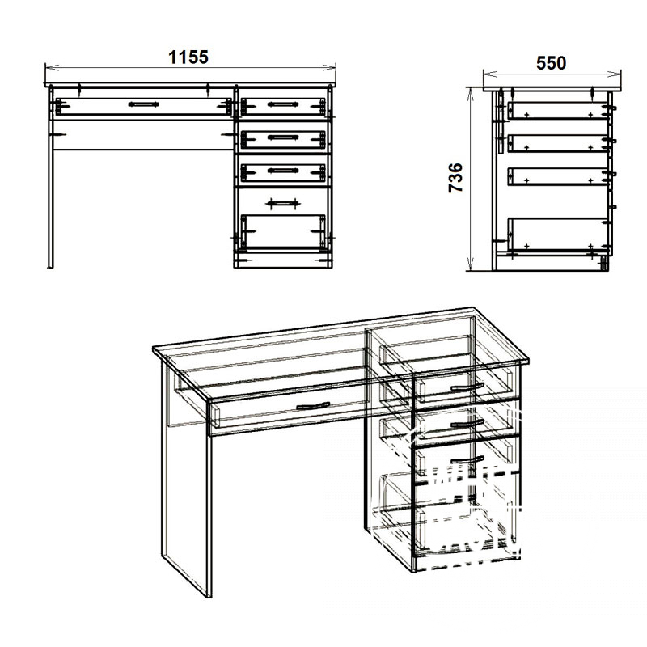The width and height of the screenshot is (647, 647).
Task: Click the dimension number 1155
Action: click(188, 57)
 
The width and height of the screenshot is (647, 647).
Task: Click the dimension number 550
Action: click(551, 63)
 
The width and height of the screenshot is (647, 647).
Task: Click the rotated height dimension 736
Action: click(456, 177)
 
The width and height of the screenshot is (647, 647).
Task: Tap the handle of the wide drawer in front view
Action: click(143, 104)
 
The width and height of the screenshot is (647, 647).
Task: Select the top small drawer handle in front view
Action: click(282, 104)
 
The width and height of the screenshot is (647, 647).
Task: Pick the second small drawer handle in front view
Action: click(282, 137)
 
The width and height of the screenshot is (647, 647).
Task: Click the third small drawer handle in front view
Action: click(282, 171)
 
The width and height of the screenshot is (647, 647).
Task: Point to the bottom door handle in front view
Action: click(282, 203)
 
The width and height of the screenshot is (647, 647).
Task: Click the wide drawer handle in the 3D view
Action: click(313, 406)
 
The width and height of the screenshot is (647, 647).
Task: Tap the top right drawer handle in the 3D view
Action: click(467, 387)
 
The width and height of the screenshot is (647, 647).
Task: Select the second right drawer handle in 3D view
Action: click(467, 423)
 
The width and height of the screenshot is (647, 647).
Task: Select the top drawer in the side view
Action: click(558, 111)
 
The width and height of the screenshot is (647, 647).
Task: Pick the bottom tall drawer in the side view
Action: click(558, 235)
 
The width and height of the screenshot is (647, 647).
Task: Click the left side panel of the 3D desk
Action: click(186, 479)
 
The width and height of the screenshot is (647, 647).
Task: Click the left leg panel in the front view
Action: click(51, 177)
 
